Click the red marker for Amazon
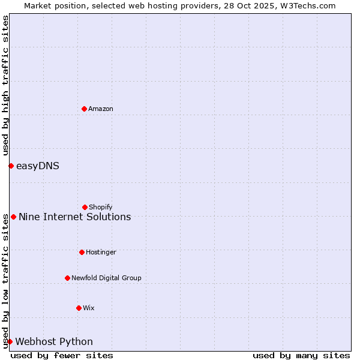(84, 109)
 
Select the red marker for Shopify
(85, 207)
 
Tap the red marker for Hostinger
(82, 252)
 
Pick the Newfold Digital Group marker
(67, 278)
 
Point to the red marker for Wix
(79, 308)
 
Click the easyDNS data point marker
(11, 166)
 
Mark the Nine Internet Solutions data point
(13, 217)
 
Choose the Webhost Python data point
(10, 341)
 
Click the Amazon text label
(101, 109)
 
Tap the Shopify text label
(101, 207)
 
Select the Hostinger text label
(101, 252)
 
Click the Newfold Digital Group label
(106, 278)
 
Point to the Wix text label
(89, 308)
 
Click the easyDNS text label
(38, 166)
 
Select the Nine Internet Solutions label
(75, 217)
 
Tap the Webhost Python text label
(54, 341)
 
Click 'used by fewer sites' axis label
(62, 355)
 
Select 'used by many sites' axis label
(301, 355)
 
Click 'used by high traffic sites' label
(5, 85)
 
